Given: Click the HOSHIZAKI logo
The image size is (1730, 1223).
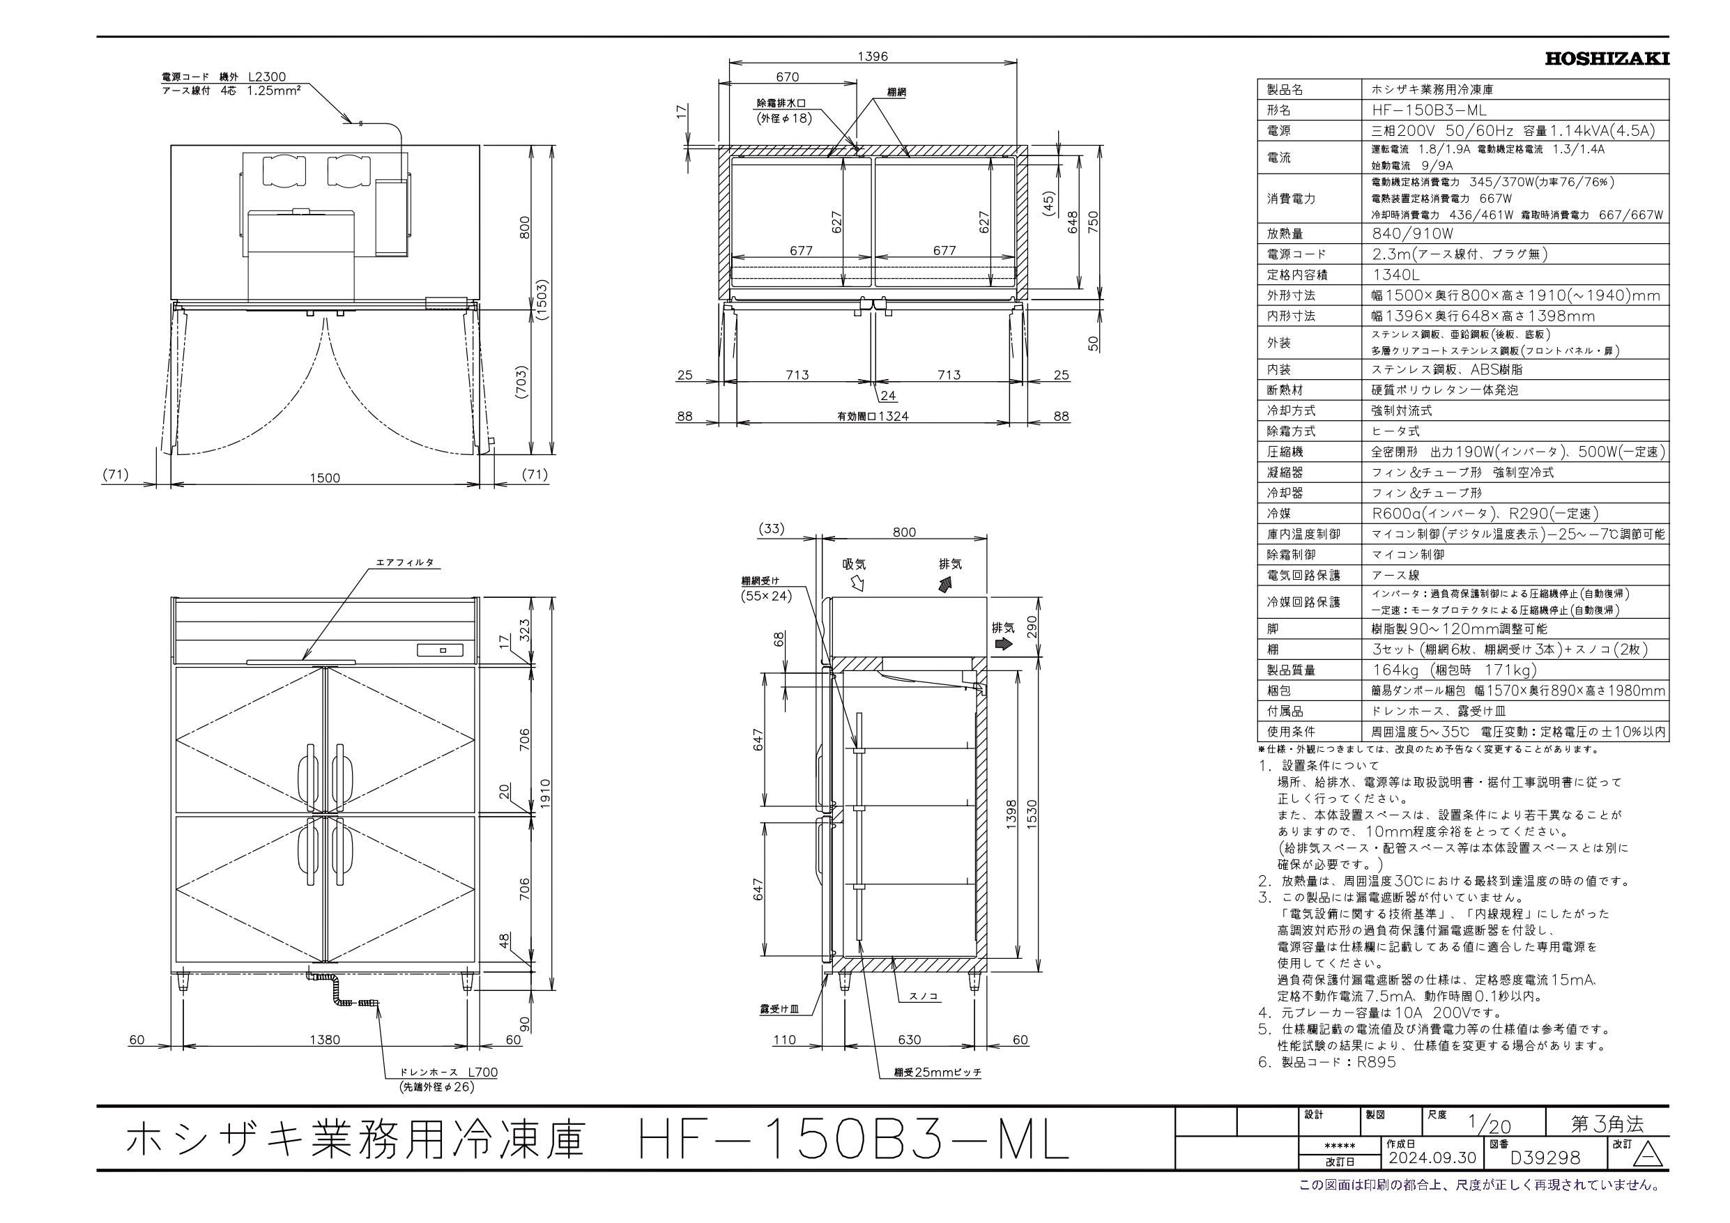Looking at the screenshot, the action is coord(1607,58).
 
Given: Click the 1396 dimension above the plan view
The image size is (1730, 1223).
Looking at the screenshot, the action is coord(873,56).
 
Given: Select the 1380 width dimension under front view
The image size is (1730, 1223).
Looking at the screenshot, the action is coord(325,1040).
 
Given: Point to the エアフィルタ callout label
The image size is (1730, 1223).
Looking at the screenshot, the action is coord(405,563).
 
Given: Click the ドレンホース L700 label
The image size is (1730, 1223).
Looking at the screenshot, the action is coord(450,1072).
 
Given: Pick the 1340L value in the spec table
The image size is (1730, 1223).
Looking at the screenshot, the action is coord(1390,275).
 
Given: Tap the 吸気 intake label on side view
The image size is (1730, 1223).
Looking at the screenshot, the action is coord(855,564).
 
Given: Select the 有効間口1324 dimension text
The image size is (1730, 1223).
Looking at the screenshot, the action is coord(873,416).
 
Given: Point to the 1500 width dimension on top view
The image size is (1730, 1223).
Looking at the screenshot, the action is coord(325,478).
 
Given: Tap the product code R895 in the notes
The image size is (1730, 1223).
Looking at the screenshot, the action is coord(1377,1063).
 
